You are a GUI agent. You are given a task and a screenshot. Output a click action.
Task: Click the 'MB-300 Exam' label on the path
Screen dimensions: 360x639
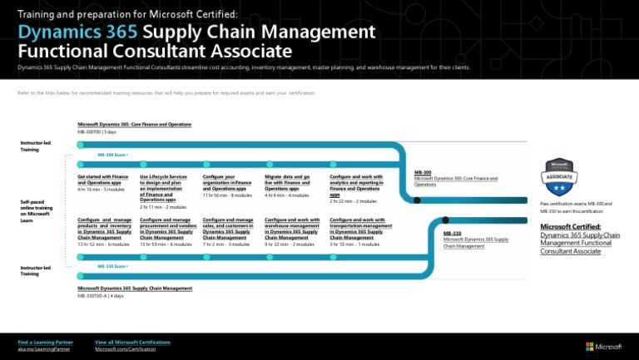tap(111, 155)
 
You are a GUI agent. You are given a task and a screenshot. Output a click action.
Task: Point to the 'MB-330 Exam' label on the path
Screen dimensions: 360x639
tap(111, 266)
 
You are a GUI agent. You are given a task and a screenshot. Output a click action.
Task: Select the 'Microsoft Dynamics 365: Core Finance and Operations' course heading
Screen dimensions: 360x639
tap(134, 125)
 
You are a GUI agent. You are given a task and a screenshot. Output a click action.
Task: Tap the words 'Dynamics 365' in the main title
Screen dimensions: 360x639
tap(77, 32)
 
